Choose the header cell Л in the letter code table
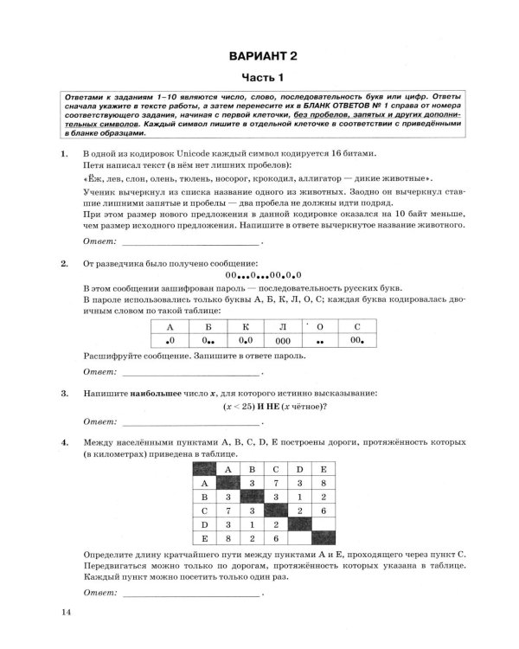[x=283, y=326]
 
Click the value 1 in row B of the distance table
[x=298, y=498]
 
